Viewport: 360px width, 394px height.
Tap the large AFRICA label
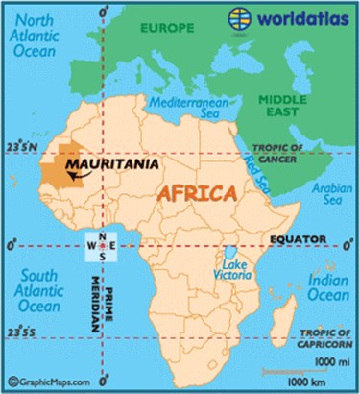tap(196, 193)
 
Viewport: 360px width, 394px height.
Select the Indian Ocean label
tap(327, 288)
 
